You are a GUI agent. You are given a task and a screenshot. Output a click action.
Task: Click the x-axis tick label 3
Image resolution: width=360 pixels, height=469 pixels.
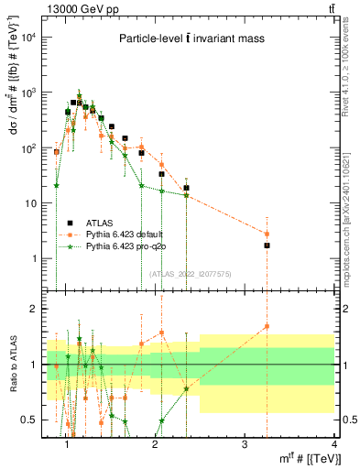click(245, 445)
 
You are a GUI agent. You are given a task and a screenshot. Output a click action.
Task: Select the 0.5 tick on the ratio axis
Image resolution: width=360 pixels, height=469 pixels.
click(33, 420)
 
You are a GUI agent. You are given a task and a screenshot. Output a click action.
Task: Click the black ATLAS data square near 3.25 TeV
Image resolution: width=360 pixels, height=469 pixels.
click(267, 245)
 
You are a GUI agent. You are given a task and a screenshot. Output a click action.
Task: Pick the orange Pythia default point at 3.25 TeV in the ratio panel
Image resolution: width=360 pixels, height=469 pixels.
click(267, 326)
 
